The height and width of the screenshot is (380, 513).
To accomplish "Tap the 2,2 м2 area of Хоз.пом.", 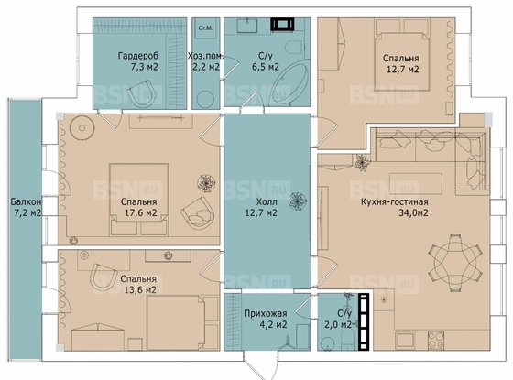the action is (x=206, y=67).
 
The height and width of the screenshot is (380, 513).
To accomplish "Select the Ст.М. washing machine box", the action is (x=205, y=28).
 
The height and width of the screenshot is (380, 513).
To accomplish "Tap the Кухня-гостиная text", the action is (x=395, y=201).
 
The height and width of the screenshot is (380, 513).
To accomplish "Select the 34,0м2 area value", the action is (x=413, y=212).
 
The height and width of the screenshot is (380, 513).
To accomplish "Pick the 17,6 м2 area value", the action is (x=141, y=212).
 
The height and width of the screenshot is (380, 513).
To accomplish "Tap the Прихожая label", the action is (x=266, y=313).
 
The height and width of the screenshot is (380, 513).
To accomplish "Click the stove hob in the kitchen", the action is (x=435, y=341).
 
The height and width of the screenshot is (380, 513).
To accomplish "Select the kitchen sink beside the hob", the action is (x=405, y=341).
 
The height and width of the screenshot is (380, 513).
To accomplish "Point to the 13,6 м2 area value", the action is (x=140, y=290).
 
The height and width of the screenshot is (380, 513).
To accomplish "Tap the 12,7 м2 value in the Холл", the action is (x=261, y=212).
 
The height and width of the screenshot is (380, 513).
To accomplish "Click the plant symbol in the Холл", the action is (x=298, y=201).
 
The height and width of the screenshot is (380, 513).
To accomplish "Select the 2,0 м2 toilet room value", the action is (x=338, y=325).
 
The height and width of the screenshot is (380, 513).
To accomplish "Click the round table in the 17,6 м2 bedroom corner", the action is (x=82, y=127).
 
